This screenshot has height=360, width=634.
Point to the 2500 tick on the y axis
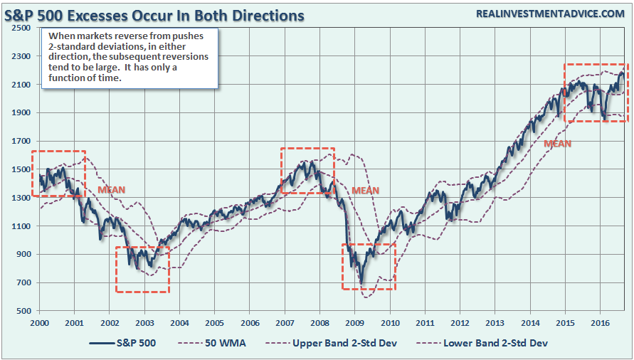(x=20, y=28)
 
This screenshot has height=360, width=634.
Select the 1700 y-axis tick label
(x=20, y=141)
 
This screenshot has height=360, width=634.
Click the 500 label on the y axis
(x=23, y=311)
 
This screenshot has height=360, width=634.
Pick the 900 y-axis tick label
(x=23, y=254)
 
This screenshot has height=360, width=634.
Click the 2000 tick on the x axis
(x=40, y=322)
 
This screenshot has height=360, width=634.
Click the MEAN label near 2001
(x=111, y=191)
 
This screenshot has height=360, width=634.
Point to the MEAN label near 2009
(x=366, y=191)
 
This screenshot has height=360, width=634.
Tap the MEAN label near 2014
(x=557, y=143)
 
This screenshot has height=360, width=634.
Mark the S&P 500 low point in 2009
(x=361, y=282)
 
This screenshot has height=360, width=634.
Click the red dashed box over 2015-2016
(x=595, y=92)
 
